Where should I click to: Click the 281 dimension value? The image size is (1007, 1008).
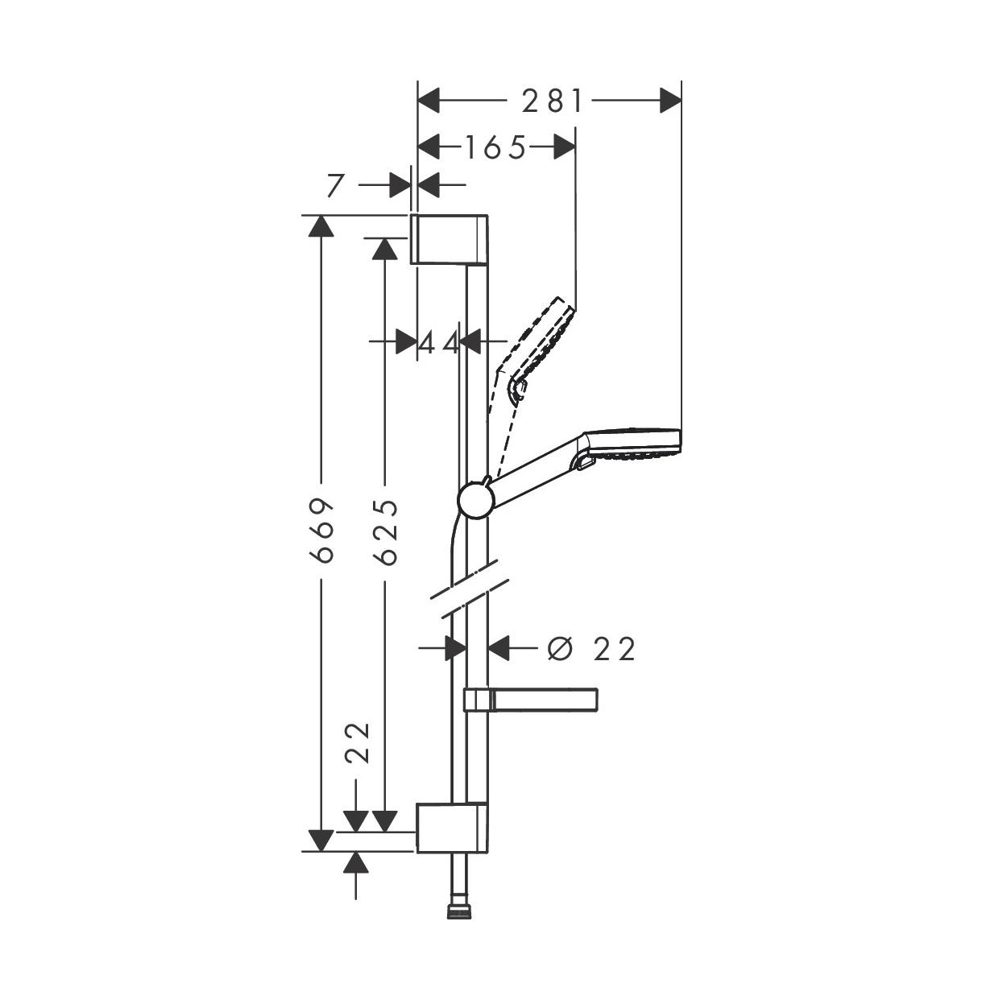[x=552, y=101]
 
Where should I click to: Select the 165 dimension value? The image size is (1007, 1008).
[x=495, y=147]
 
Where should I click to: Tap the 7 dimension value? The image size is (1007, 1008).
[x=337, y=185]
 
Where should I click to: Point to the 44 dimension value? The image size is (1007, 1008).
[x=439, y=343]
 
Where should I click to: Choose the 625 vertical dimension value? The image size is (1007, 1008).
[x=387, y=531]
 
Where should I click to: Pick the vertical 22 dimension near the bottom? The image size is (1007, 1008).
[x=358, y=742]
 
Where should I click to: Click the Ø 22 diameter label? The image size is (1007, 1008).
[x=591, y=648]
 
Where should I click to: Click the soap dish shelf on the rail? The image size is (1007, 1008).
[x=532, y=700]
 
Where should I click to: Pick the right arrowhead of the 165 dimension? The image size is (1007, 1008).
[x=565, y=147]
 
